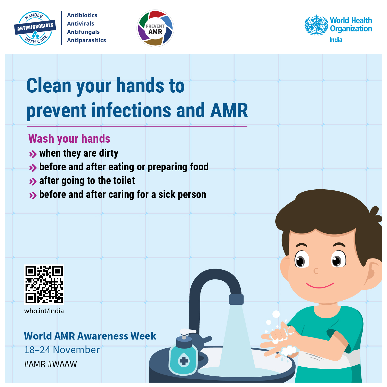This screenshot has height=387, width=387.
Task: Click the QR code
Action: pos(44,284)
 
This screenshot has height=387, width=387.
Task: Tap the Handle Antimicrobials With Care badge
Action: pos(35,28)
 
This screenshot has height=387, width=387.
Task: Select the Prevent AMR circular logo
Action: pos(155,28)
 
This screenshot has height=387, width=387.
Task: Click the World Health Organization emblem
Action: pos(316,25)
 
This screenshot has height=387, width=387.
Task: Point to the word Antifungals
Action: pos(83,32)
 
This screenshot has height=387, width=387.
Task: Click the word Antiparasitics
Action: pos(86,40)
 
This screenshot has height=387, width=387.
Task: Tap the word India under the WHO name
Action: pos(336,40)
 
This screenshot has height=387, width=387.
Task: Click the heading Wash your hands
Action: pos(69,139)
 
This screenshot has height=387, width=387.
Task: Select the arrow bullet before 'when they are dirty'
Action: pos(33,154)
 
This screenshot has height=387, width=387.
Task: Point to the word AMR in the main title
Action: pos(229,110)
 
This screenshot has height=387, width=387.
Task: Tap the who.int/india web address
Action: pos(44,311)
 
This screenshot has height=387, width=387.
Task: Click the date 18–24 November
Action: pos(62,350)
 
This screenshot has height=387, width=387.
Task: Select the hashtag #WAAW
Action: pos(62,364)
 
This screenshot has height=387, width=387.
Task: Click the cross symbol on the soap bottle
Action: pos(184,361)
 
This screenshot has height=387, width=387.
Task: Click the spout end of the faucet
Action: pos(236,300)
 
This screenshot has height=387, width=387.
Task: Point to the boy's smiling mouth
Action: pos(320,285)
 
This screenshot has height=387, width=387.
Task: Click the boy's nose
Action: pos(316,271)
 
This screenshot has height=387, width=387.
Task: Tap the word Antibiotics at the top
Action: pos(82,15)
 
